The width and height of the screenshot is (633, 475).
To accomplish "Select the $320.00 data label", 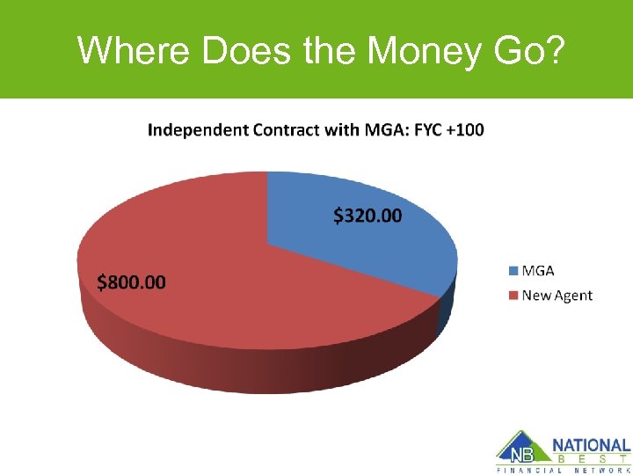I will pos(367,215).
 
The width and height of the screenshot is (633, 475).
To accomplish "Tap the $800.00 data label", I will pos(130,282).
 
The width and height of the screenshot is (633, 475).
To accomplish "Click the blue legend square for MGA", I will pos(512,271).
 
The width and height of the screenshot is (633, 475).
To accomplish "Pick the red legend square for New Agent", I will pos(512,296).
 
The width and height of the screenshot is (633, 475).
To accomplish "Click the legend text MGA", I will pos(538,271).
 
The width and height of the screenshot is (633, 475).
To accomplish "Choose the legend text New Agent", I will pos(557,296).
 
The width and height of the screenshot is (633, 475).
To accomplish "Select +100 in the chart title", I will pos(463,130).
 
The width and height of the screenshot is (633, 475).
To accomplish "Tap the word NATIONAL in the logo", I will pos(592,446).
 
